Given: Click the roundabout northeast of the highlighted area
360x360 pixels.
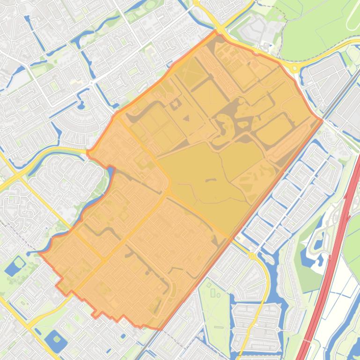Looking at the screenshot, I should (294, 68).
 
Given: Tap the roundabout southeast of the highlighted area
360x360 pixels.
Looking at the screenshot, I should (252, 256).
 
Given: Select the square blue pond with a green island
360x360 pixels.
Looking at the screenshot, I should (56, 340).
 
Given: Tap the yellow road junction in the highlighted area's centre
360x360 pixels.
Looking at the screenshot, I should (167, 192).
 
